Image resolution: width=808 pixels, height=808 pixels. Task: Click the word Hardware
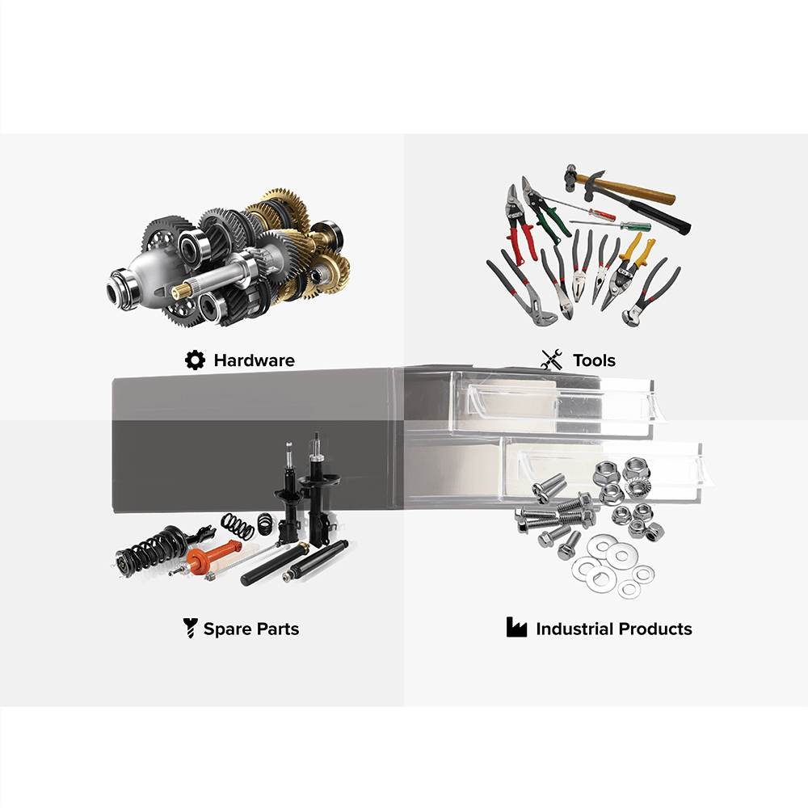pyautogui.click(x=254, y=360)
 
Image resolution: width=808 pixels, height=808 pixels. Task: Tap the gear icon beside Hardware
pyautogui.click(x=195, y=360)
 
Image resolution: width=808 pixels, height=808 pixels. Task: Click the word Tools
pyautogui.click(x=594, y=360)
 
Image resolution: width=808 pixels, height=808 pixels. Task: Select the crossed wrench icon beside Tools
pyautogui.click(x=552, y=360)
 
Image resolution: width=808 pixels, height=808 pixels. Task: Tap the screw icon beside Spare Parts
pyautogui.click(x=190, y=628)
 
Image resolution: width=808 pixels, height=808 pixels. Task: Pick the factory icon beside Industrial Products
pyautogui.click(x=516, y=627)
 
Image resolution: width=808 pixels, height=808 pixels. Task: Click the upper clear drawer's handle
pyautogui.click(x=562, y=398)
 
